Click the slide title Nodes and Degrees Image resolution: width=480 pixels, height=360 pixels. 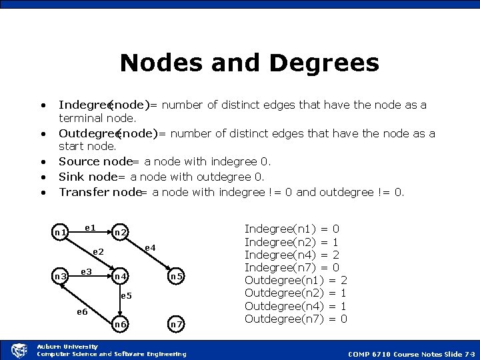click(x=249, y=63)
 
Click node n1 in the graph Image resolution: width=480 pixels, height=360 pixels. click(x=60, y=232)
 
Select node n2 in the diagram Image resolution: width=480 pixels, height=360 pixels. click(x=121, y=232)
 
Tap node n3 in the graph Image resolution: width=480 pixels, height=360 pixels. click(x=60, y=276)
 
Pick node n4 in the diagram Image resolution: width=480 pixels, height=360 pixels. click(x=121, y=276)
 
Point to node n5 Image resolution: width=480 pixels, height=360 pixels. click(x=176, y=276)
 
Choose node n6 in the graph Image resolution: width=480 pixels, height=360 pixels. click(x=121, y=324)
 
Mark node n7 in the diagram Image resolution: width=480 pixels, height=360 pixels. click(x=176, y=324)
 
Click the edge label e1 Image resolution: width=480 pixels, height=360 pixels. click(x=90, y=228)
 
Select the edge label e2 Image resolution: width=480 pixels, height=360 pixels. click(x=98, y=252)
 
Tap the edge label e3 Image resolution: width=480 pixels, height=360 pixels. click(x=86, y=271)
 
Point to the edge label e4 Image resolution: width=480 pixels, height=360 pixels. click(x=150, y=247)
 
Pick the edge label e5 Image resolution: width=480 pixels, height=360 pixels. click(x=127, y=295)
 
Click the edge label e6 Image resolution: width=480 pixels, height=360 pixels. click(x=82, y=311)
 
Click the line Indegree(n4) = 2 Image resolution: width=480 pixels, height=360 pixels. click(x=292, y=255)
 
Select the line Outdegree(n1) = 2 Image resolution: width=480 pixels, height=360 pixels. click(x=296, y=281)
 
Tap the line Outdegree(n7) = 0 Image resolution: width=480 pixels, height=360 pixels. click(x=296, y=319)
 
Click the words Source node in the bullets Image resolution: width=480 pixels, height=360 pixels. click(x=95, y=161)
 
